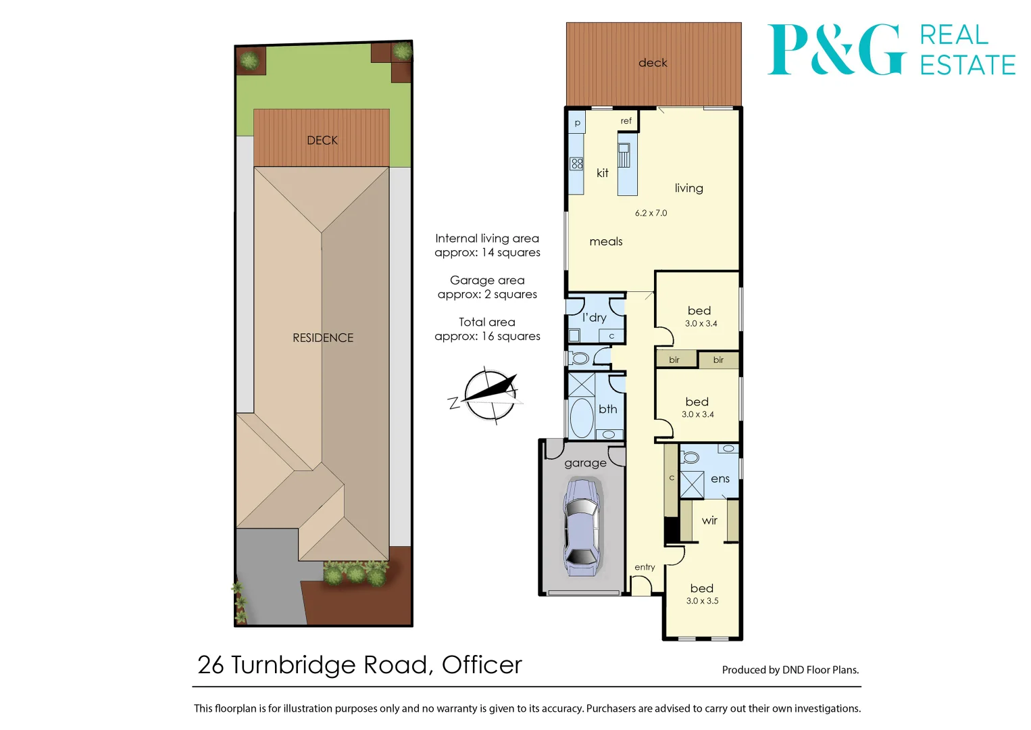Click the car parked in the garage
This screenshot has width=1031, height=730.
pyautogui.click(x=581, y=527)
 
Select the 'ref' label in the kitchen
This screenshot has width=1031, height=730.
pyautogui.click(x=626, y=121)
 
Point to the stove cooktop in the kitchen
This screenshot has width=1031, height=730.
pyautogui.click(x=577, y=164)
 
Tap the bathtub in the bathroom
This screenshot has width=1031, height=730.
pyautogui.click(x=581, y=417)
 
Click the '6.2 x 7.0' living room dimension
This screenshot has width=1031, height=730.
pyautogui.click(x=651, y=213)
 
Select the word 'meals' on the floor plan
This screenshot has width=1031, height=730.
pyautogui.click(x=606, y=241)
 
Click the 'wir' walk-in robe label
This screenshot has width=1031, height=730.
pyautogui.click(x=709, y=520)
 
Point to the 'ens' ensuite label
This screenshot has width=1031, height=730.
pyautogui.click(x=720, y=479)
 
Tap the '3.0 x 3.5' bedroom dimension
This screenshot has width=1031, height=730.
pyautogui.click(x=702, y=601)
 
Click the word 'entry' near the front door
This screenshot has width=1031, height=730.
pyautogui.click(x=645, y=567)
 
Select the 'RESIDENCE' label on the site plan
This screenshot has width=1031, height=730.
pyautogui.click(x=323, y=338)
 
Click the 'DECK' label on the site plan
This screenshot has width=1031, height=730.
pyautogui.click(x=322, y=141)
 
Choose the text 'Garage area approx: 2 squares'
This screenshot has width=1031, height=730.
pyautogui.click(x=487, y=287)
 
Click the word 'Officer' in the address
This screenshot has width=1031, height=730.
pyautogui.click(x=482, y=665)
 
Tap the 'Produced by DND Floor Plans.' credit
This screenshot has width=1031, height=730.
pyautogui.click(x=790, y=670)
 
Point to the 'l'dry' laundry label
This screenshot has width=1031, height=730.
pyautogui.click(x=595, y=317)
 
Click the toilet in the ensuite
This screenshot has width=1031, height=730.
pyautogui.click(x=690, y=458)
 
